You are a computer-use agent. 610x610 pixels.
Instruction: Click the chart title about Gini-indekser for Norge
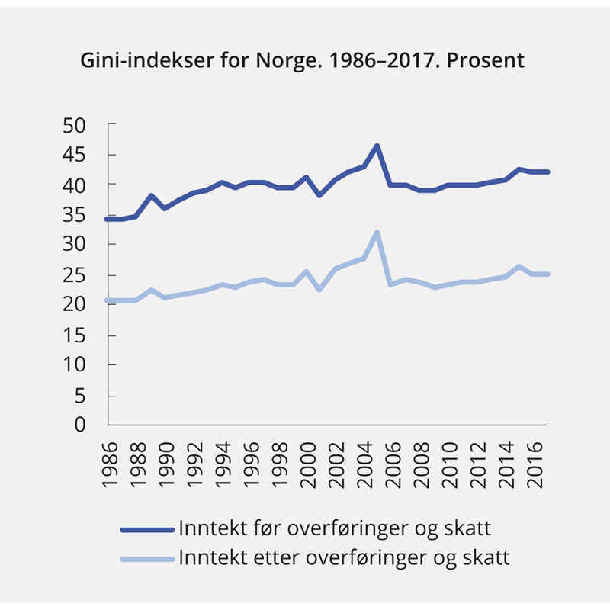pos(303,60)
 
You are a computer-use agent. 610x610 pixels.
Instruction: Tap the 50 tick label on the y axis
pos(75,124)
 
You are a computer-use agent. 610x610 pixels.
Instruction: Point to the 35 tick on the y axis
pos(75,215)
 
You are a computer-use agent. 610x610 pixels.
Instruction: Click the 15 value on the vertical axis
pos(75,335)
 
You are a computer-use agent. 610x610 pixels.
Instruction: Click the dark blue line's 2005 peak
pos(377,146)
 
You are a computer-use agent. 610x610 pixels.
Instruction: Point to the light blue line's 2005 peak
pos(377,233)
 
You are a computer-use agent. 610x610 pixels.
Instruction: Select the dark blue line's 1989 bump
pos(151,196)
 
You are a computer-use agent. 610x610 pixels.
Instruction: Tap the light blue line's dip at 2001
pos(320,290)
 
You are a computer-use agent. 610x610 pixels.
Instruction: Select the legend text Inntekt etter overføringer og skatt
pos(344,557)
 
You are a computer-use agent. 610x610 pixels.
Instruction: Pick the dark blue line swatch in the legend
pos(147,529)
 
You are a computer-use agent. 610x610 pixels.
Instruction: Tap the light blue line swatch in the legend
pos(147,558)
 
